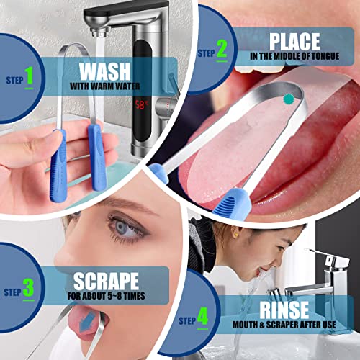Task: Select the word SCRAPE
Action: [x=107, y=280]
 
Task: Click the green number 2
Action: [x=221, y=50]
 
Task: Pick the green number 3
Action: [x=28, y=289]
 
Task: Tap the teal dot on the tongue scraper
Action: [x=289, y=99]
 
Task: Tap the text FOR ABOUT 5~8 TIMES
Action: [x=107, y=295]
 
